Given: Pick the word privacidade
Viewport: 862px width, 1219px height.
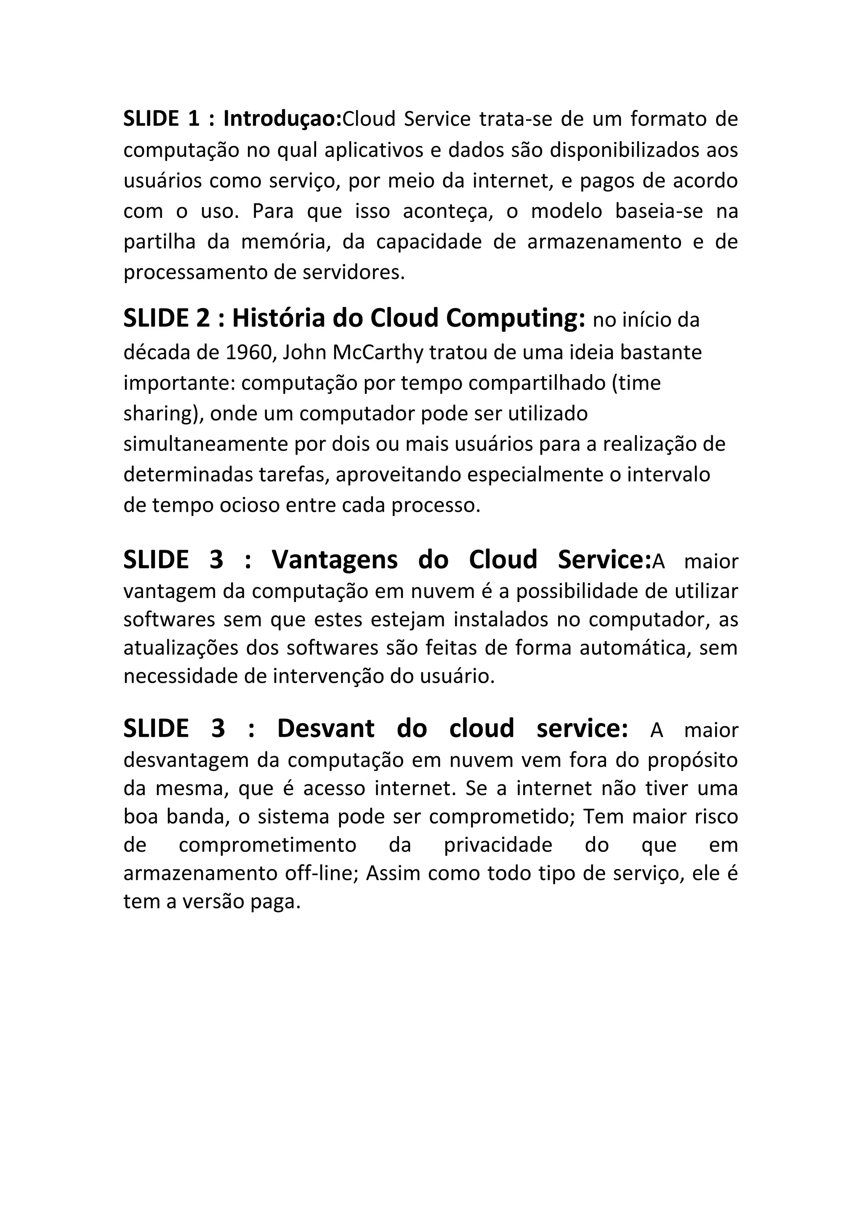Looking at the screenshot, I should pyautogui.click(x=498, y=845).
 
